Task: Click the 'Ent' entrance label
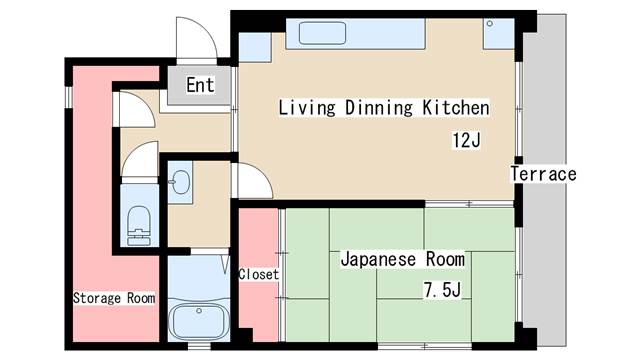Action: point(200,85)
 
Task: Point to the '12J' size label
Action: point(466,141)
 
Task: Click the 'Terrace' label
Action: point(543,174)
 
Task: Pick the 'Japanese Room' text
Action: point(402,259)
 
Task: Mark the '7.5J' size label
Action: point(440,291)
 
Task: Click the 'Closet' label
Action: point(259,273)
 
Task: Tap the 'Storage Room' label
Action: point(113,298)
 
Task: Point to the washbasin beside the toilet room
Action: point(180,184)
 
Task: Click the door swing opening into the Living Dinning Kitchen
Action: point(251,182)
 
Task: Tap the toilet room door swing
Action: point(142,160)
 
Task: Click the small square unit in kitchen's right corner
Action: point(497,36)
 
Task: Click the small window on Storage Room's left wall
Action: point(68,96)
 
